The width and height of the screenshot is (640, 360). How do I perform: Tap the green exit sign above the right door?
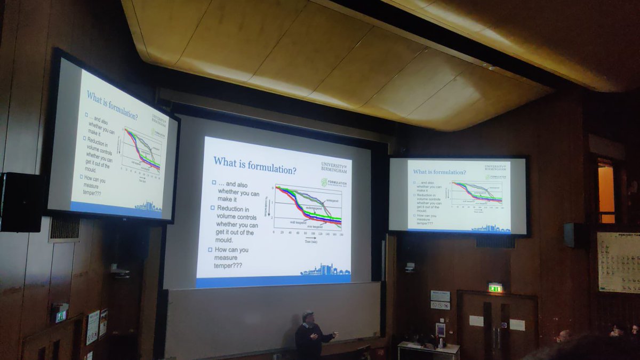point(495,287)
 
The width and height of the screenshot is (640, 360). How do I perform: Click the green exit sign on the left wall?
point(61,315)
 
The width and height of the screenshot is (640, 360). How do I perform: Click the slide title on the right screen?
point(439,172)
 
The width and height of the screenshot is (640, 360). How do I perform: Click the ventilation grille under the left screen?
point(64,228)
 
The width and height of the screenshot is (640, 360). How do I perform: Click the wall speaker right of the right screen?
point(570,235)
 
